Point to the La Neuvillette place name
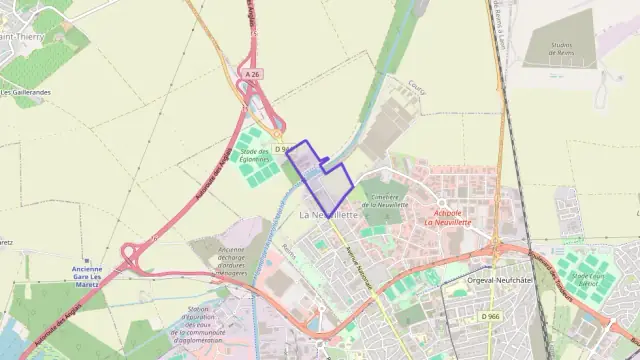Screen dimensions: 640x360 click(x=329, y=214)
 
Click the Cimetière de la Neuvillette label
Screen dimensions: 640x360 click(x=380, y=200)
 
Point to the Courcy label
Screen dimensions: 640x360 click(x=417, y=89)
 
